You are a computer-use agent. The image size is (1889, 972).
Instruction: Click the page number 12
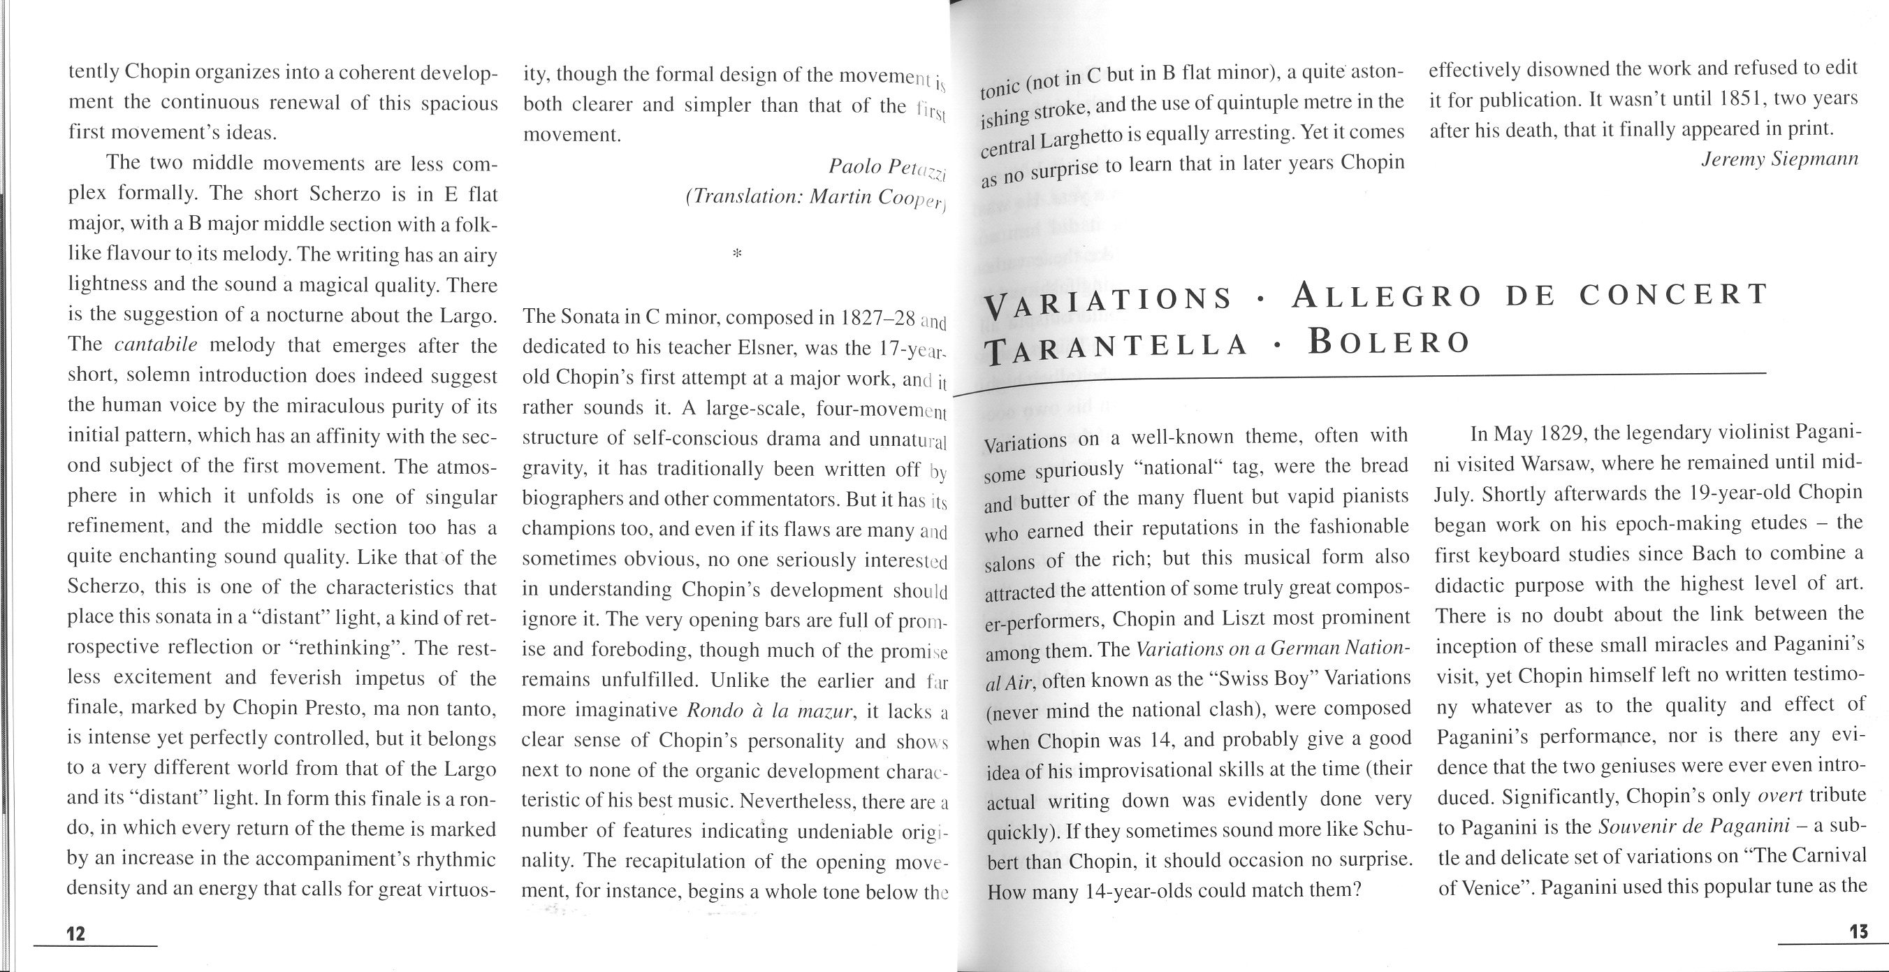coord(76,933)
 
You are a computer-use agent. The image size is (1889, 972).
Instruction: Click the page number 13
coord(1859,931)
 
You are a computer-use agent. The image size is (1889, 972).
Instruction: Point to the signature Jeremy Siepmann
coord(1780,159)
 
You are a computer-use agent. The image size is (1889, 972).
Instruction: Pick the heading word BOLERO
coord(1390,341)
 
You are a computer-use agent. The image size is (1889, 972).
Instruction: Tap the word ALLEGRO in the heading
coord(1385,296)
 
